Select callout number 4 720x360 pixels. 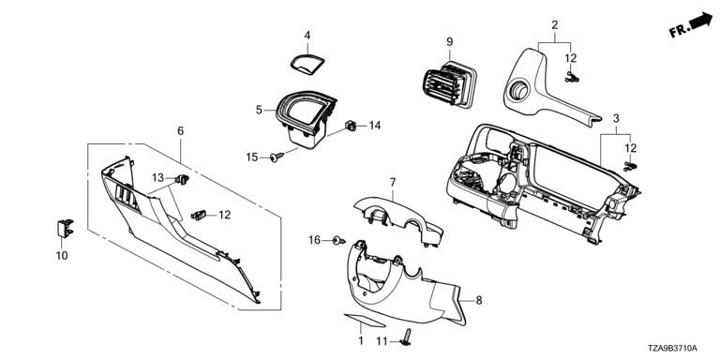click(x=307, y=36)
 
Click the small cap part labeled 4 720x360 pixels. click(x=307, y=63)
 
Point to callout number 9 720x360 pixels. click(x=450, y=42)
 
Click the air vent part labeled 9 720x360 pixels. click(x=448, y=85)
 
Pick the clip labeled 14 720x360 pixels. click(x=351, y=125)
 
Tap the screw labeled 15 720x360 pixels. click(x=277, y=157)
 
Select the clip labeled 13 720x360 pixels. click(x=183, y=179)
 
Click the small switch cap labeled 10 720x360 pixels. click(x=66, y=228)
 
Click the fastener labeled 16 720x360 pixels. click(x=338, y=240)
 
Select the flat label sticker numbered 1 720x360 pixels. click(x=365, y=320)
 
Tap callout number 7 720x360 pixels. click(x=393, y=182)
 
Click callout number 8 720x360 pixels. click(x=479, y=300)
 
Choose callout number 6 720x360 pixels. click(x=180, y=131)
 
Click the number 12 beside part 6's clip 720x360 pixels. click(x=225, y=215)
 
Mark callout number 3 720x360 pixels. click(x=616, y=118)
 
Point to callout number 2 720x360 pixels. click(x=555, y=25)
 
